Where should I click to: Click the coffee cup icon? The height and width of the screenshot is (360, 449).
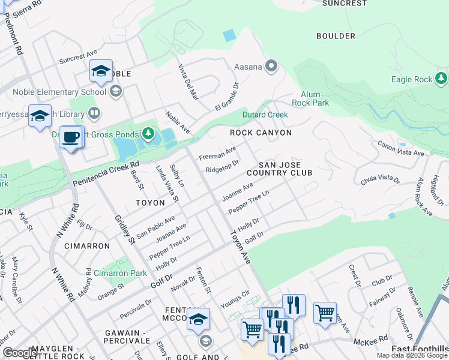pos(71,137)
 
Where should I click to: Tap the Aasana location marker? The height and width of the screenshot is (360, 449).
pos(271,67)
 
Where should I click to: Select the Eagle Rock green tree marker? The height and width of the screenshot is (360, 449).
pos(441,79)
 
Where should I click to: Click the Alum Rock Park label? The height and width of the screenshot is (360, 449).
pos(310,99)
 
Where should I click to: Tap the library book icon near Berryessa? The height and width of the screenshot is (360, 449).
pos(94,112)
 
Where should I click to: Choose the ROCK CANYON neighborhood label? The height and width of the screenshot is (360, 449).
pos(261,133)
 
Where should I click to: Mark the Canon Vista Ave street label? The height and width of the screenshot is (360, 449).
pos(400,148)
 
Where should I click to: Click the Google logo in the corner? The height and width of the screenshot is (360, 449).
pos(20,353)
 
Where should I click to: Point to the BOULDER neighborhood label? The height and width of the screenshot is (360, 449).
pos(336,36)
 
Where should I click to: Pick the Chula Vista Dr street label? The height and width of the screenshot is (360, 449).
pos(380,179)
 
